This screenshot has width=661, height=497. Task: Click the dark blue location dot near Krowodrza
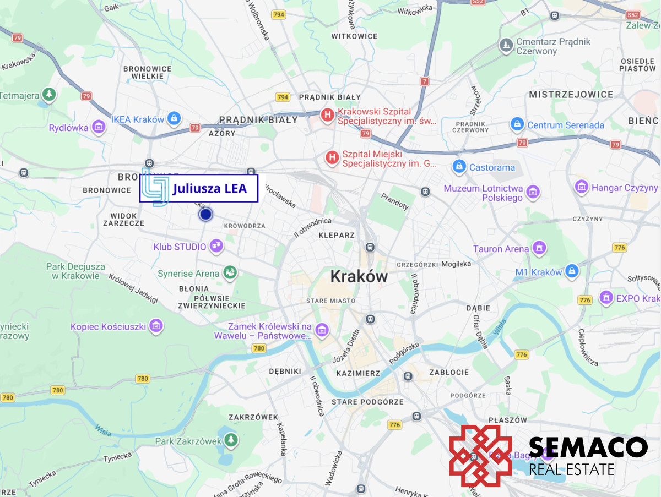click(205, 215)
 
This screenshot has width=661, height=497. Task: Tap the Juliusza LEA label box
click(199, 189)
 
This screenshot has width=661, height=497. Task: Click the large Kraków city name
click(359, 276)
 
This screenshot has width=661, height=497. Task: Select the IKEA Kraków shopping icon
click(174, 118)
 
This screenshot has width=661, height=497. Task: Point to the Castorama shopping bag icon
click(459, 166)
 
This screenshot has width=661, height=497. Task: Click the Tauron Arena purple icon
click(539, 248)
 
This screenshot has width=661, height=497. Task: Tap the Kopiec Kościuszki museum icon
click(156, 326)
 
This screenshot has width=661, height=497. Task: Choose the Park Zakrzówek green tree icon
click(231, 440)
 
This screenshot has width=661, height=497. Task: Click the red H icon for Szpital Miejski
click(332, 159)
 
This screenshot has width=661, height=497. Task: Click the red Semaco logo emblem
click(481, 456)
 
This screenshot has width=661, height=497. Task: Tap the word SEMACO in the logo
click(588, 447)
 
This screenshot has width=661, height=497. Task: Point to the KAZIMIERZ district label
click(358, 373)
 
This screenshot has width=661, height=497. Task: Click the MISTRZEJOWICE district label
click(571, 95)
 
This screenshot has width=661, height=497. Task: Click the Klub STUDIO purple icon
click(217, 246)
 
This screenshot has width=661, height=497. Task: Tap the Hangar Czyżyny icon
click(582, 188)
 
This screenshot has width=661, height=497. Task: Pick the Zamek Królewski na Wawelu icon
click(322, 330)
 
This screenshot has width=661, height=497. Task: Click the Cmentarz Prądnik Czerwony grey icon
click(506, 46)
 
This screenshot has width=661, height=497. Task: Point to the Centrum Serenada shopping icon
click(517, 124)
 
